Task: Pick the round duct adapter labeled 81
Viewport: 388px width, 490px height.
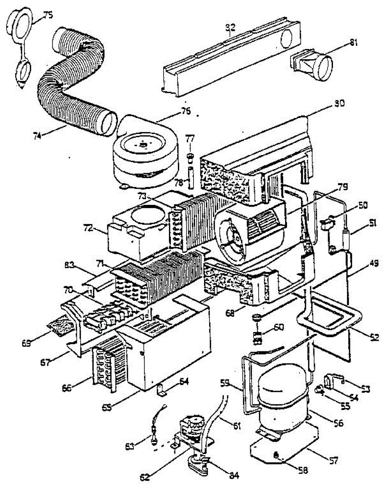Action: (x=316, y=64)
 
